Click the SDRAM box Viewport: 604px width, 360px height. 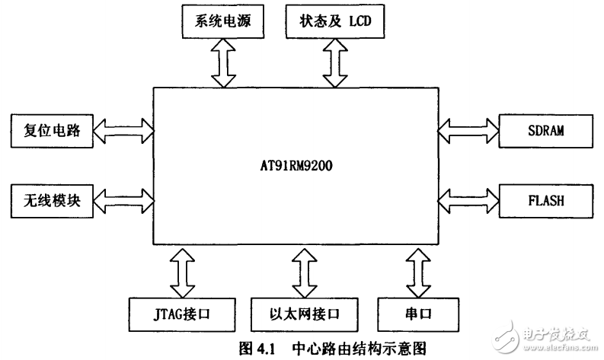544,130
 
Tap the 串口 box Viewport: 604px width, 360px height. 416,314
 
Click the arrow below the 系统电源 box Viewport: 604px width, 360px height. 225,63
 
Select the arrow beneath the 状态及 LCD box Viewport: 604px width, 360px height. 333,63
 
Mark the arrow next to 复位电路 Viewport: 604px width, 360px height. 123,130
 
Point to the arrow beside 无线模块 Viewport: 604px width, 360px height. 123,201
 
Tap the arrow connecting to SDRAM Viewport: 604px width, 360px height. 468,130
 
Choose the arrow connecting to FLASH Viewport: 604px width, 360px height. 468,201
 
